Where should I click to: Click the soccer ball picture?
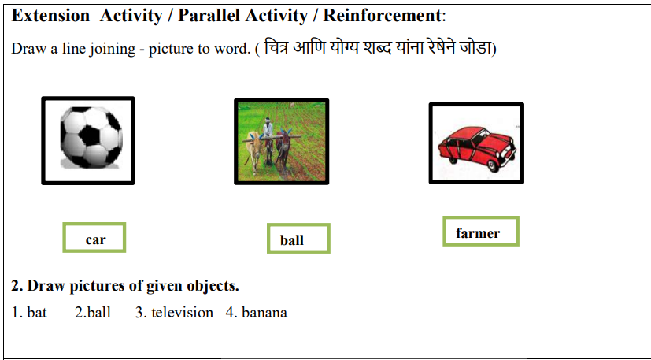coord(91,138)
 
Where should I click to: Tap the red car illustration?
coord(476,148)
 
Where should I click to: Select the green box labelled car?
coord(94,237)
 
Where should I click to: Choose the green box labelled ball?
coord(298,238)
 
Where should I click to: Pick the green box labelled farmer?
coord(481,231)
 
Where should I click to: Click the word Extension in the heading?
coord(50,16)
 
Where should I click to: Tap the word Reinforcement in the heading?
coord(382,16)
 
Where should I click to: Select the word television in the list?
coord(183,312)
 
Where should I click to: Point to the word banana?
coord(264,312)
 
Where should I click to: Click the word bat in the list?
coord(37,312)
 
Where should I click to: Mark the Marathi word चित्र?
coord(277,47)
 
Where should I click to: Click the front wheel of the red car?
coord(493,165)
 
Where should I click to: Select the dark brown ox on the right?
coord(283,150)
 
